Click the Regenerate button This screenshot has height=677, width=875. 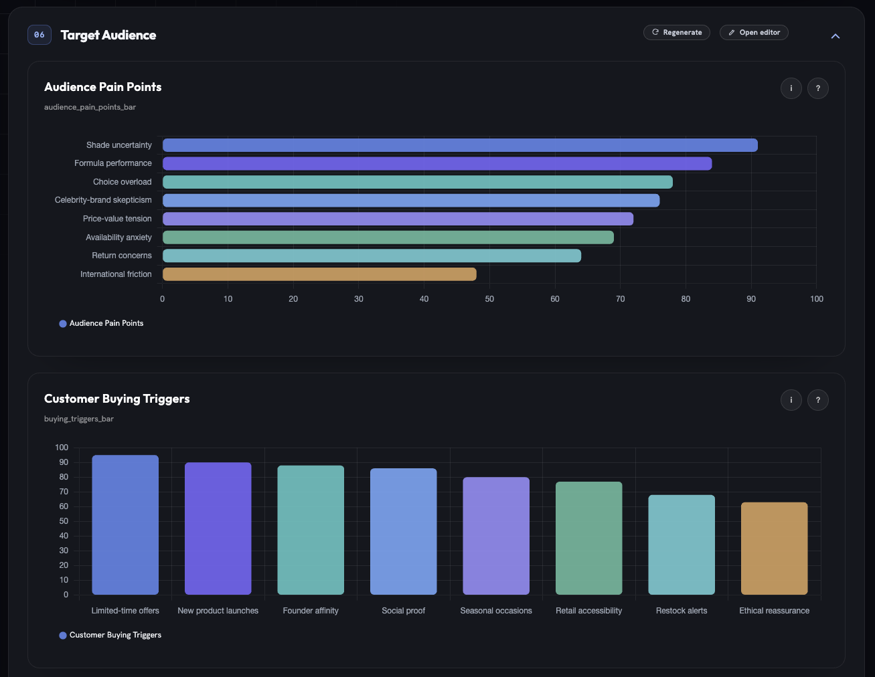(x=676, y=33)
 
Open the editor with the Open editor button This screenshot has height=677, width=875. (x=754, y=33)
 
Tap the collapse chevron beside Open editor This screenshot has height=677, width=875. (x=836, y=36)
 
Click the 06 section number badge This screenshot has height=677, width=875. (x=39, y=35)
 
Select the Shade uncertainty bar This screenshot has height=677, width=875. (x=460, y=145)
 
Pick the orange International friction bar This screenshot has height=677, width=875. (x=319, y=274)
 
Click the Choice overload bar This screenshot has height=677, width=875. (x=418, y=182)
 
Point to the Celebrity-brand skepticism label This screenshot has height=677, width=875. (x=103, y=200)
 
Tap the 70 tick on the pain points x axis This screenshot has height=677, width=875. (x=620, y=299)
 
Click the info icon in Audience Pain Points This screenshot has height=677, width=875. (x=791, y=88)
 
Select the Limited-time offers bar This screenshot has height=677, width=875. (x=125, y=525)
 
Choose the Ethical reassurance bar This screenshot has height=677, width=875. (x=774, y=549)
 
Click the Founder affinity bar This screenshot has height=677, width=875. (x=311, y=530)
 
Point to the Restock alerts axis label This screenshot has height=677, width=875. (x=682, y=611)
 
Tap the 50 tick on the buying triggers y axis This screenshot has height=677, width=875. (x=64, y=521)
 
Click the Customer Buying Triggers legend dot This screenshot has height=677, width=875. (x=63, y=636)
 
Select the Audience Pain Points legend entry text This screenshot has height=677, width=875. (x=106, y=323)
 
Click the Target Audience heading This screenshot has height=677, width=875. (x=108, y=35)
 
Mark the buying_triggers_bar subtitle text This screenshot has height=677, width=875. (x=79, y=419)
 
